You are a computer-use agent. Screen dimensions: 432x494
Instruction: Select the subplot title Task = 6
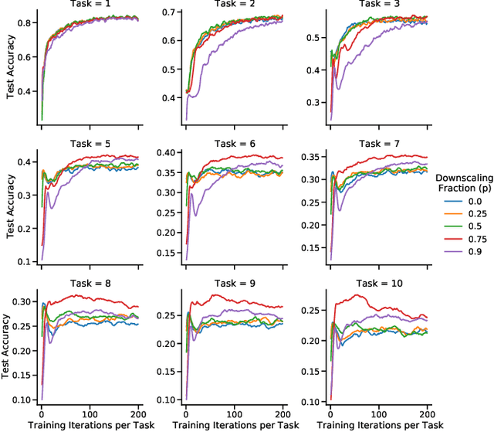[236, 143]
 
